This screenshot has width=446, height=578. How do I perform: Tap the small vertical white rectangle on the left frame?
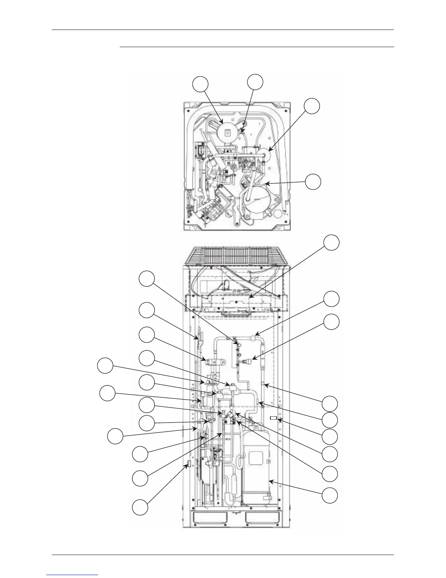pos(189,464)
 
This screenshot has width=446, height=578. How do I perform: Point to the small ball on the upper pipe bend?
pos(253,339)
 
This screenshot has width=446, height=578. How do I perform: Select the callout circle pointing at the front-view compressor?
pos(329,496)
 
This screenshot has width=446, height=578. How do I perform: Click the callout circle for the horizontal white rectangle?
pos(329,437)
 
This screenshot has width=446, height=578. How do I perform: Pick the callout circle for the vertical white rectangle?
pos(140,508)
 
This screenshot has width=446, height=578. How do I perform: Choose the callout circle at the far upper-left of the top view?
pos(201,84)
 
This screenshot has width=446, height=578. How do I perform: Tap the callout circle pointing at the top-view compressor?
pos(313,182)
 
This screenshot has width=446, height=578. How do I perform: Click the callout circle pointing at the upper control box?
pos(332,243)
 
